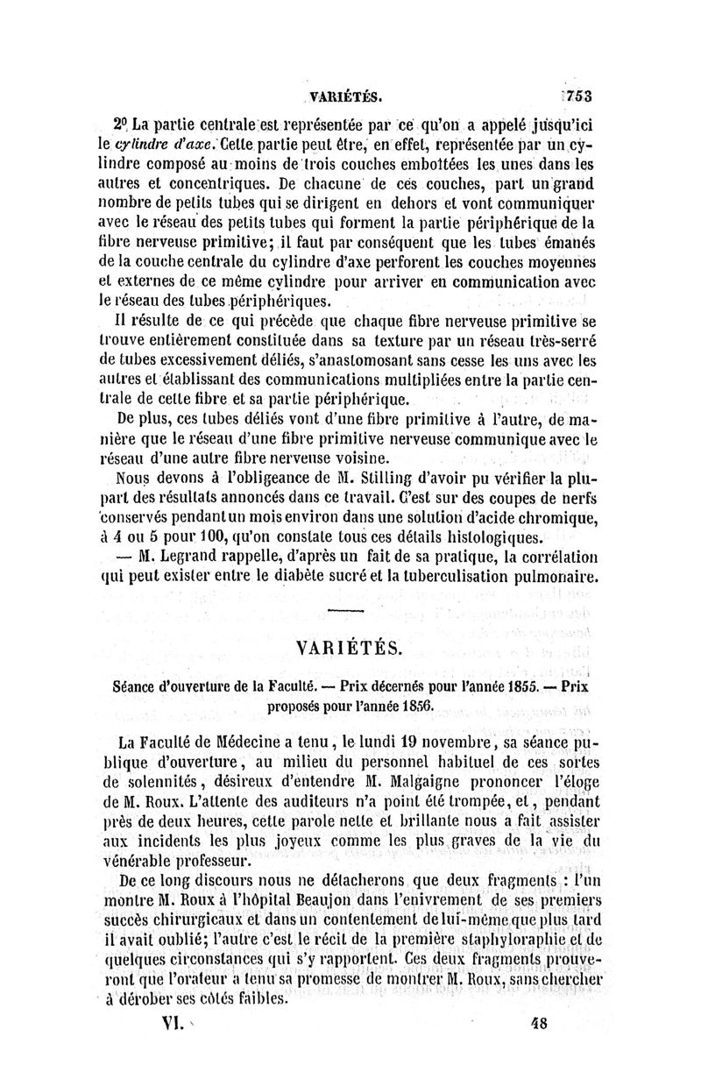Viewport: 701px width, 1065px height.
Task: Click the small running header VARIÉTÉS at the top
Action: (x=346, y=96)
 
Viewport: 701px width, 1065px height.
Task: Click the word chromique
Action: (x=554, y=516)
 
